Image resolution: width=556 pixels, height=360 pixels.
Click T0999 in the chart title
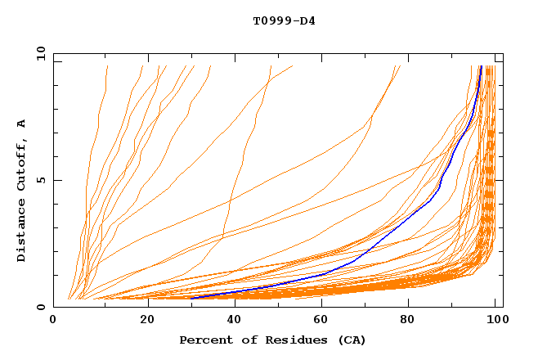point(269,20)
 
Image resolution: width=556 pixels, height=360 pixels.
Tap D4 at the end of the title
point(307,20)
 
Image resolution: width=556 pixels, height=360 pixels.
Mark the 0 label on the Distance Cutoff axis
point(40,307)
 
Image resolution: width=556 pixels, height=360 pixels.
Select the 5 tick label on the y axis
point(40,180)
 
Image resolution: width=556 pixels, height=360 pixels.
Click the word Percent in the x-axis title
point(204,340)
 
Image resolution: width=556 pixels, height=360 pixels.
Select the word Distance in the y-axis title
point(22,233)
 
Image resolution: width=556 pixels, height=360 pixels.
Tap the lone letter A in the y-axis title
point(22,124)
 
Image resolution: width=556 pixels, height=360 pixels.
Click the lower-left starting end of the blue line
point(191,298)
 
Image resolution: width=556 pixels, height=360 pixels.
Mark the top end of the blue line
point(481,67)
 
